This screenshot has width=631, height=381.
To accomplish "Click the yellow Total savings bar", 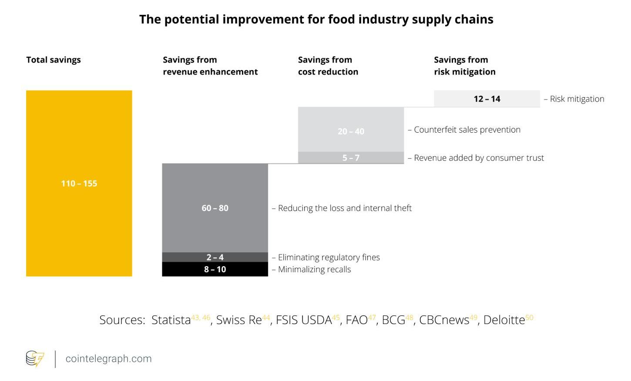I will click(79, 183).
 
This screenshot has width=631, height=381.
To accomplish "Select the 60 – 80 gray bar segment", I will click(215, 208).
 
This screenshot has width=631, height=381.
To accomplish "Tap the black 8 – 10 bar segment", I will click(215, 269).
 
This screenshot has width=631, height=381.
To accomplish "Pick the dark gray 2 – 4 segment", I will click(215, 257).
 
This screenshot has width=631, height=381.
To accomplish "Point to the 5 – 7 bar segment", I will click(351, 157).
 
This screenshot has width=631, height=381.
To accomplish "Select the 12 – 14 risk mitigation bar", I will click(487, 99).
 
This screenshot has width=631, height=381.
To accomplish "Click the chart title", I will click(316, 19).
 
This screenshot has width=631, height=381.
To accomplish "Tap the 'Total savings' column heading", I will click(54, 60).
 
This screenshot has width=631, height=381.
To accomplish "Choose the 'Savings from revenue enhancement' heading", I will click(210, 66).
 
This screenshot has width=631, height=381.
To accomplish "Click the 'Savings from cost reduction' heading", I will click(328, 66).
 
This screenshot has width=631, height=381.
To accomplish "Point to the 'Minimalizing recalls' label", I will click(314, 269).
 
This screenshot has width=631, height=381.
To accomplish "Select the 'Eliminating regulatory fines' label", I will click(329, 257).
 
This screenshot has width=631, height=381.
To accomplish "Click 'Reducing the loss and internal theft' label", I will click(345, 208).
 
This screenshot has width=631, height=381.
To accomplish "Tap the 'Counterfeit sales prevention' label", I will click(467, 130).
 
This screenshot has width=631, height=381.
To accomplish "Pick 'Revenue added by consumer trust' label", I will click(479, 157).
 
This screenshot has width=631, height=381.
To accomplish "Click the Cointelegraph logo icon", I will click(35, 359).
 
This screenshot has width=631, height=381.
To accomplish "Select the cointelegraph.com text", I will click(108, 359).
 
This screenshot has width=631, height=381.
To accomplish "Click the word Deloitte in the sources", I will click(504, 320).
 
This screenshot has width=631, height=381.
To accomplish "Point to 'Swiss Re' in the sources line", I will click(239, 320).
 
